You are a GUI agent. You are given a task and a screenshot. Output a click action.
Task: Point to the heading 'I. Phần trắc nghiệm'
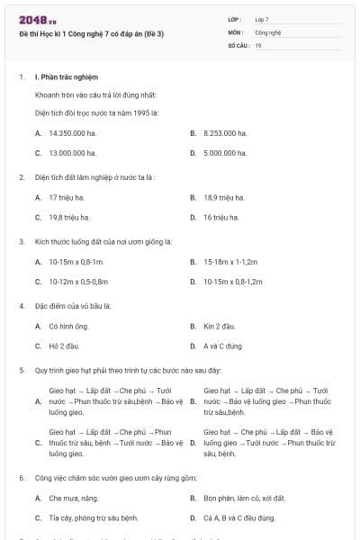66,77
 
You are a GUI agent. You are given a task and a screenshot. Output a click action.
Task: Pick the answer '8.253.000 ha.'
225,132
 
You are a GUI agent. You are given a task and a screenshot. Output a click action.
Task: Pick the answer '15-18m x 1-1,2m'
231,261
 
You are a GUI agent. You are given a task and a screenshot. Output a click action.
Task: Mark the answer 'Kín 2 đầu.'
220,325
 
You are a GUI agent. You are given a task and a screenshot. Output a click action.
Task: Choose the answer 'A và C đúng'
223,346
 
